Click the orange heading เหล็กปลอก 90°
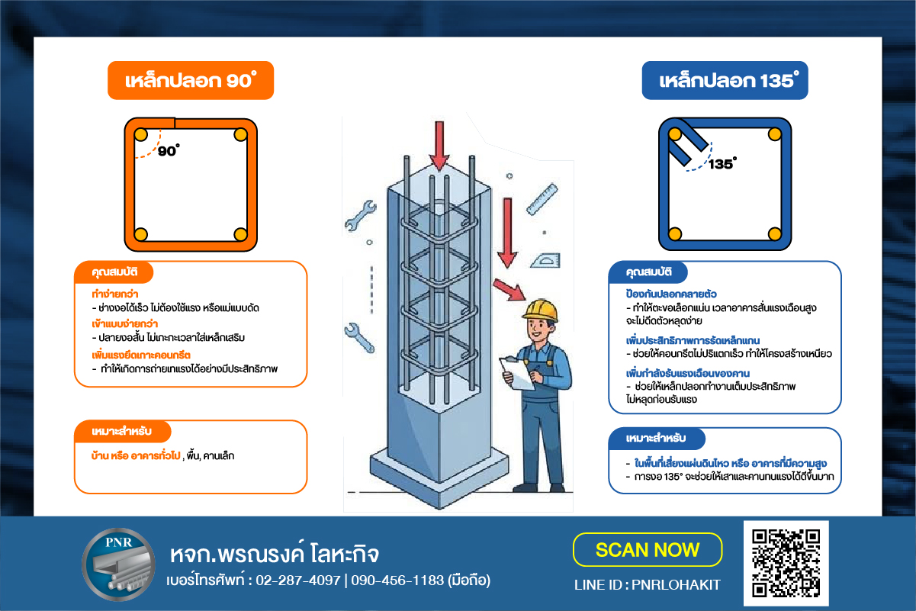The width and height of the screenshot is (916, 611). pos(191,80)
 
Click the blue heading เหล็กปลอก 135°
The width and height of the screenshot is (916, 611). pos(725,80)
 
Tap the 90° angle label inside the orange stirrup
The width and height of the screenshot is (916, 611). pos(169,150)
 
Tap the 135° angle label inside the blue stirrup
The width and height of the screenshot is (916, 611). pos(722,163)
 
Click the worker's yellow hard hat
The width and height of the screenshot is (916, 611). pos(541,310)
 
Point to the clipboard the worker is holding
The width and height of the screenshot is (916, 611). pos(516,373)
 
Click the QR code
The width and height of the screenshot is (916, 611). pos(786,563)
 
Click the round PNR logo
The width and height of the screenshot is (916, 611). pos(118,564)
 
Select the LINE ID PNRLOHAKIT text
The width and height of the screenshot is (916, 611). pos(648,585)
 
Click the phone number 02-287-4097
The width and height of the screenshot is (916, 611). pos(298,580)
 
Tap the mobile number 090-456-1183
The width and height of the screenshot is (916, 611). pos(397,580)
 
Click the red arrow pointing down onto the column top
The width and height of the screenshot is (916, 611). pos(439,146)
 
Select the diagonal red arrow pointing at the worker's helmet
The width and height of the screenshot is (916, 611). pos(509,290)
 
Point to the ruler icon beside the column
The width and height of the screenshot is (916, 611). pos(542,199)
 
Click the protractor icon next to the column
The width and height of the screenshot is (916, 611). pos(545,261)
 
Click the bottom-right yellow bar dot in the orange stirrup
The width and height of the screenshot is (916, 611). pos(240,234)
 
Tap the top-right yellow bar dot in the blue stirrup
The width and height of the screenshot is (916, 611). pos(774,134)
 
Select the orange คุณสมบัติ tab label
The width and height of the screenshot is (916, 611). pos(114,272)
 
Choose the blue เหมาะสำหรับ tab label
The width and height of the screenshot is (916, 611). pos(655,438)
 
